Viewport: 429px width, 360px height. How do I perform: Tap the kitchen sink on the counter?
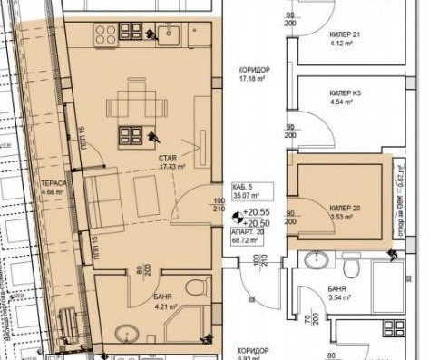168,36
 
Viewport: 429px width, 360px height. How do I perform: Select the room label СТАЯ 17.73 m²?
171,162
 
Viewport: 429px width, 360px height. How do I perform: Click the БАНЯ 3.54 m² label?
339,291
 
